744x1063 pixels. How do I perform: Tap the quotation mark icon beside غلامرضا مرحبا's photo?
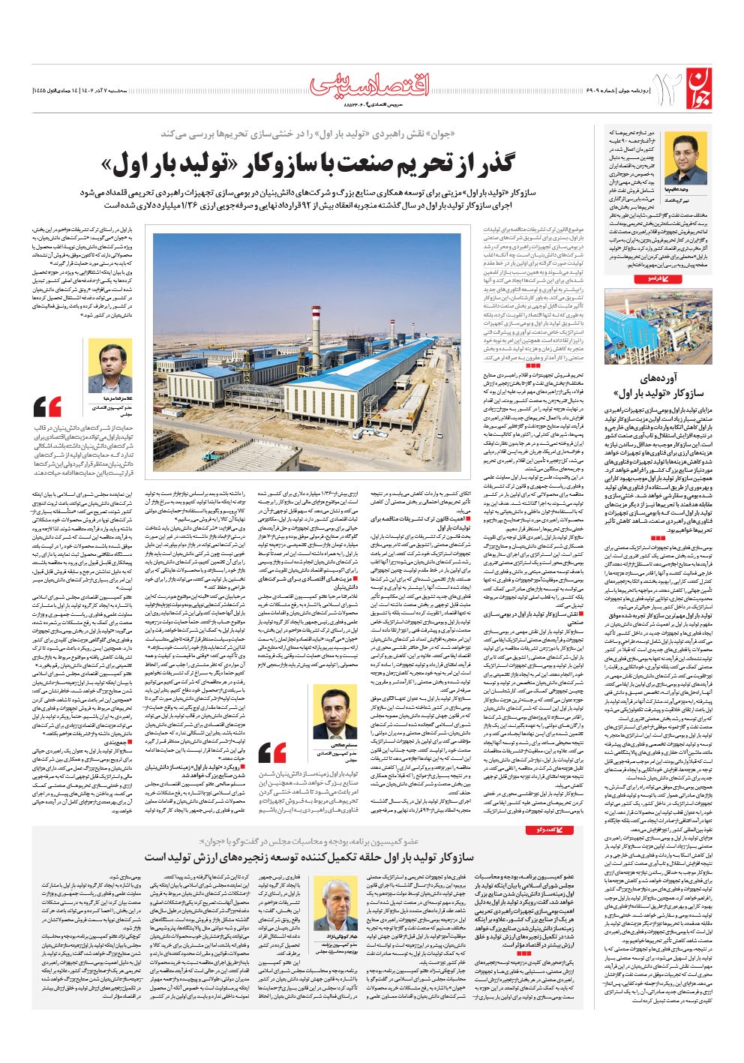pyautogui.click(x=48, y=407)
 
